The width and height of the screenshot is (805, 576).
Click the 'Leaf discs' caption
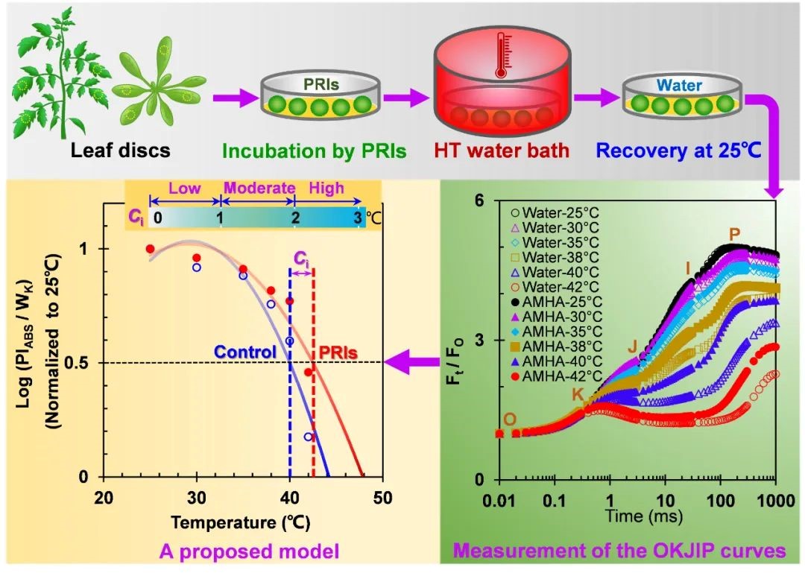(x=121, y=151)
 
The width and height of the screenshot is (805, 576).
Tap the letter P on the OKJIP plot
(x=734, y=235)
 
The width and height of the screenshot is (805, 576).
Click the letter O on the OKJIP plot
(x=510, y=419)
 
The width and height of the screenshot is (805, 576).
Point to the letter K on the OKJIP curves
(x=578, y=393)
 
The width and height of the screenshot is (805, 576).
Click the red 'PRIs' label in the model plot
(x=336, y=350)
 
